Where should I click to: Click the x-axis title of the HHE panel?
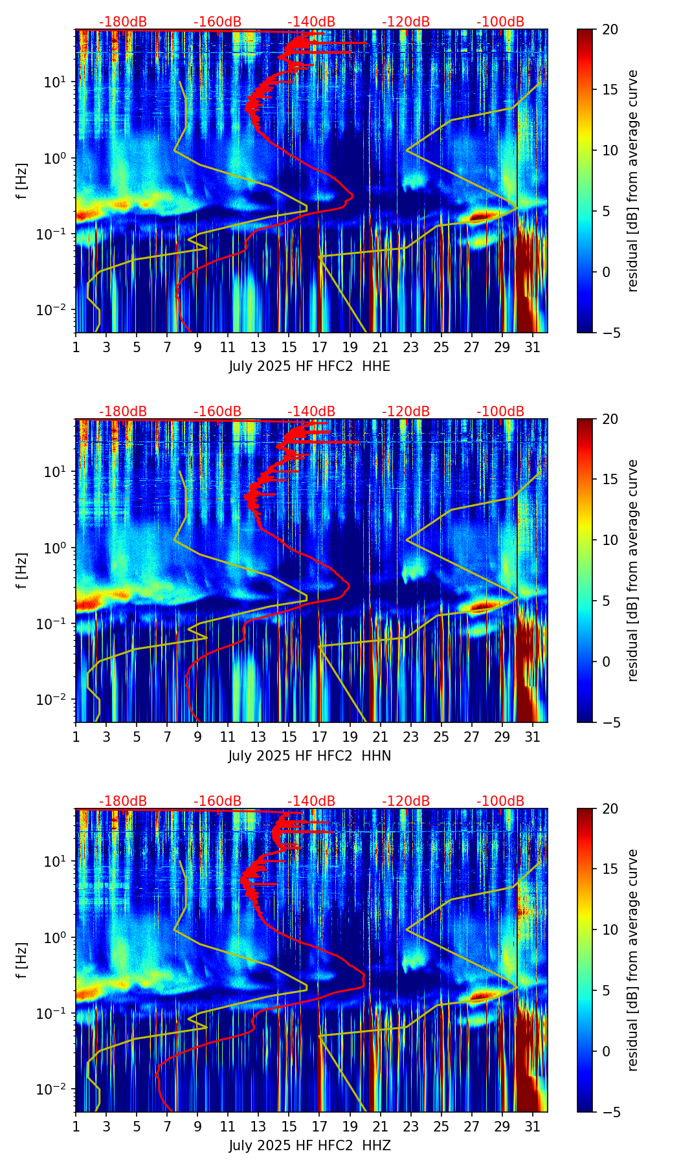coord(309,366)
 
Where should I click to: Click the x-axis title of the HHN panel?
coord(309,756)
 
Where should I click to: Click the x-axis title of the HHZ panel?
coord(309,1146)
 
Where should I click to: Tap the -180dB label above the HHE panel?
coord(123,22)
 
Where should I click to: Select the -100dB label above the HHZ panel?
coord(500,801)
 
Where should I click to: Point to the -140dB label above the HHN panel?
coord(311,412)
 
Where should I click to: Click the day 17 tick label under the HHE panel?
coord(319,347)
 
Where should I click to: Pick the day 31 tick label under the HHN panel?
coord(532,737)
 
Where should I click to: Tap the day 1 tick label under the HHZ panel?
coord(76,1126)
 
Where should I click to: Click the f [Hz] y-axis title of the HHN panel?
coord(22,570)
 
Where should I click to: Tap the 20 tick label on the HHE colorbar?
coord(610,29)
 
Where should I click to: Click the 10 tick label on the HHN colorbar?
coord(610,540)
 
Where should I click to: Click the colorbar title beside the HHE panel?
coord(632,181)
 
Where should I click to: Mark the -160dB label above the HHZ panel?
coord(218,801)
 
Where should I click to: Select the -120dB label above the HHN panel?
coord(406,412)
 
